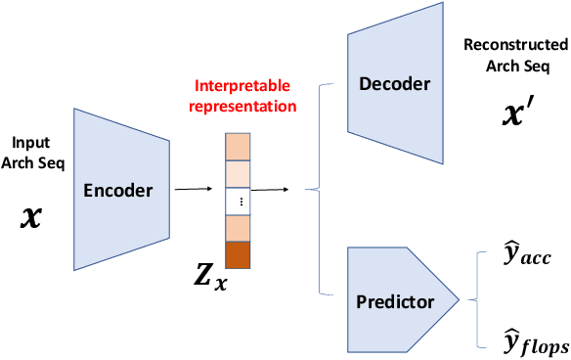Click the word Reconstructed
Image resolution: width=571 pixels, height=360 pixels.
tap(515, 45)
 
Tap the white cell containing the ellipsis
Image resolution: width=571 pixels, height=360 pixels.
tap(239, 202)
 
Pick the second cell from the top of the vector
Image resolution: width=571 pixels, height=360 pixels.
tap(239, 173)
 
